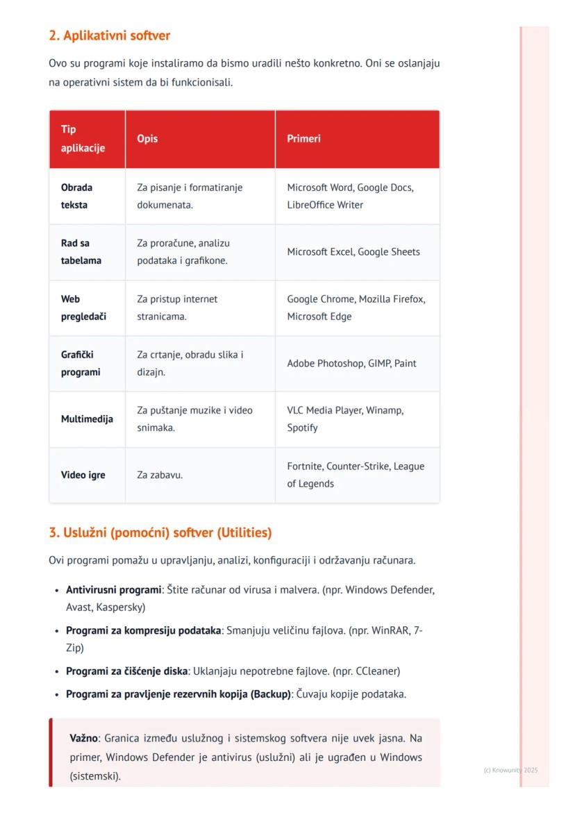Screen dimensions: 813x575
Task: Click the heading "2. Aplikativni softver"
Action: [109, 35]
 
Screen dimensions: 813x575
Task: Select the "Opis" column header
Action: [147, 139]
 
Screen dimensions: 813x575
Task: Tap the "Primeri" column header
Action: [303, 139]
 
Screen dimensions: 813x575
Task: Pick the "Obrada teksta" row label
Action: [76, 196]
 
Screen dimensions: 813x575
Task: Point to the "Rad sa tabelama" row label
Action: [81, 252]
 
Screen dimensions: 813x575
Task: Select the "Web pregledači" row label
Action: [83, 308]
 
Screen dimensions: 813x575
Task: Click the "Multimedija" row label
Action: [87, 419]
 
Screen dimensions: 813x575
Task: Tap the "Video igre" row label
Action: [83, 476]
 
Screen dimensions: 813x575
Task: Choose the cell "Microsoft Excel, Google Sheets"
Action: [353, 252]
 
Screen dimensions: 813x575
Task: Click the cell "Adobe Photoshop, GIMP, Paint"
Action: [351, 364]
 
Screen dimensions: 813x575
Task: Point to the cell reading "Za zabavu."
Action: [160, 476]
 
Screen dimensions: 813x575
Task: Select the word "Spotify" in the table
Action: [302, 428]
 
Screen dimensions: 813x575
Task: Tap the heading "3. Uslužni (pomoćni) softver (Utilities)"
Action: [160, 533]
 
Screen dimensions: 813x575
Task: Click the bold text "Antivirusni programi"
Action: [113, 590]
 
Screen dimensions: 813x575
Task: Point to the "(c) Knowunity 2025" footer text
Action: [510, 770]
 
